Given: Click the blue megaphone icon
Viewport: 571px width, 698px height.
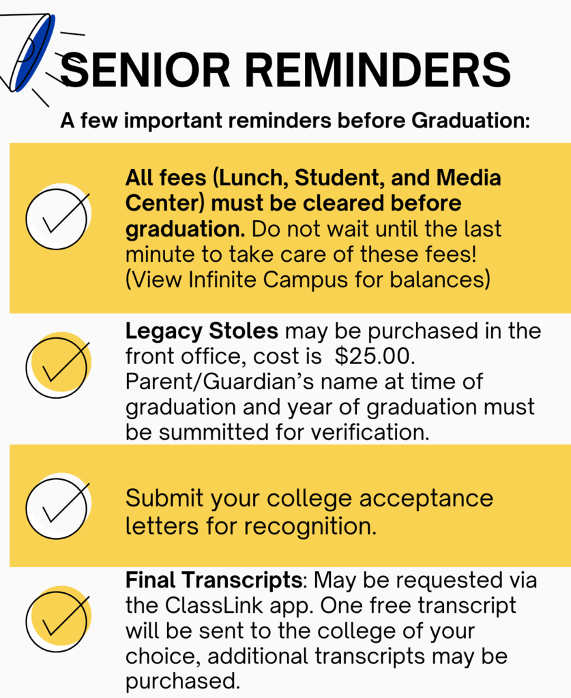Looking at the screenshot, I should (31, 51).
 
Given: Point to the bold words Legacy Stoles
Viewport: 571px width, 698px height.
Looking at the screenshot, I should (202, 331).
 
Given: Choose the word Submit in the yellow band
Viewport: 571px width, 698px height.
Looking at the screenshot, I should (163, 498).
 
